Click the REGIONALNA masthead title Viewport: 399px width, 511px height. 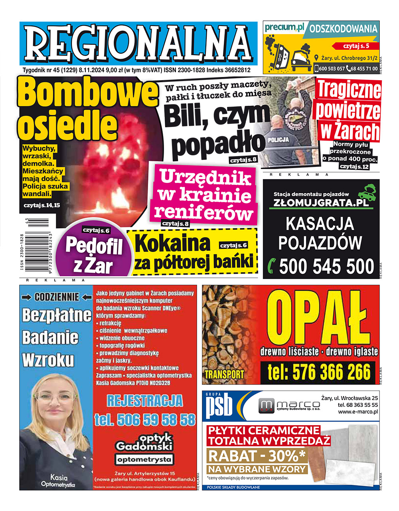(138, 43)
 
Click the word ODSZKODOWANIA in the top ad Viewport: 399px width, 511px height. (343, 29)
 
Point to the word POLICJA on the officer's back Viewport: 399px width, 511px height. (279, 140)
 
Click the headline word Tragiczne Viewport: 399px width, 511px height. (349, 90)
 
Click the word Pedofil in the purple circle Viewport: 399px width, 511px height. (94, 246)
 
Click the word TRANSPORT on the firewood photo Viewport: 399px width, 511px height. (224, 374)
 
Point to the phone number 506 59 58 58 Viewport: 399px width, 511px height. (145, 420)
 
